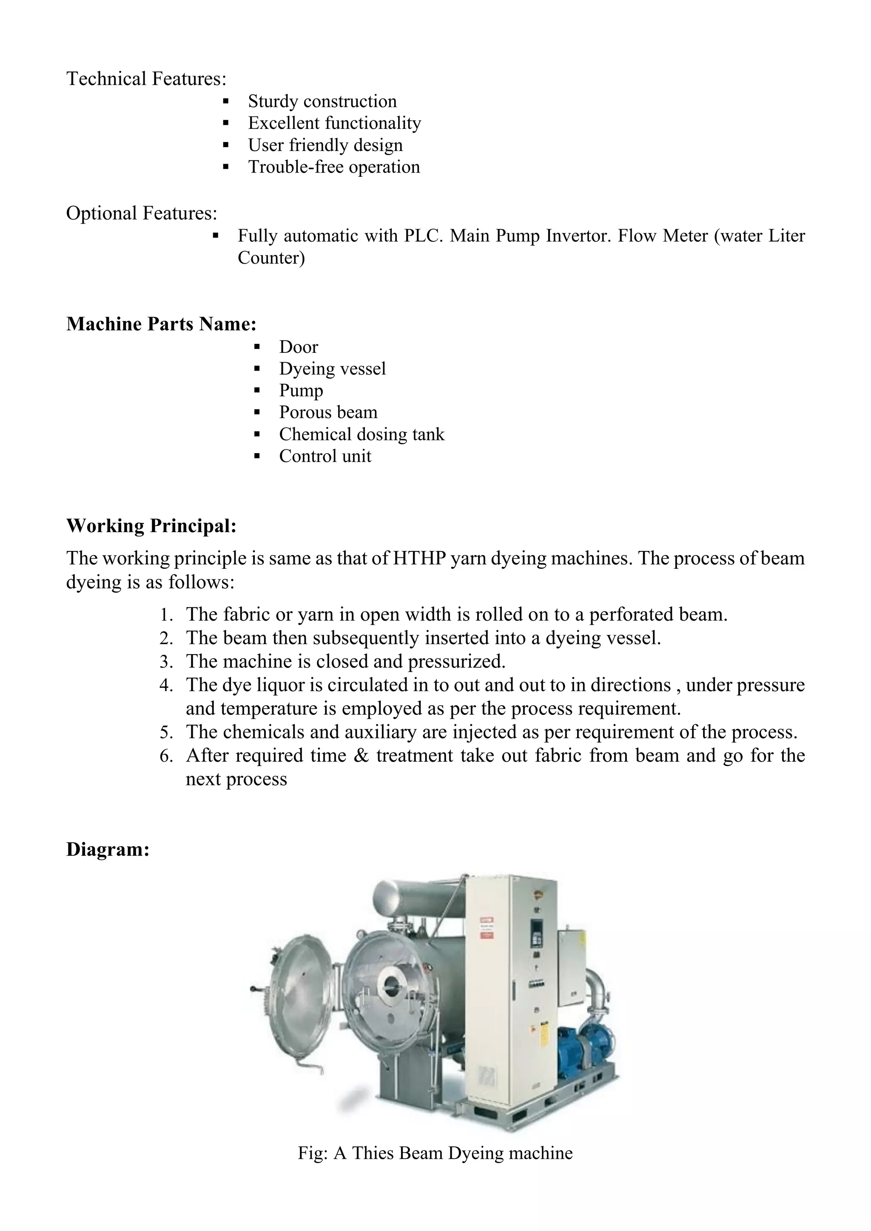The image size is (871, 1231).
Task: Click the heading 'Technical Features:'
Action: (x=146, y=79)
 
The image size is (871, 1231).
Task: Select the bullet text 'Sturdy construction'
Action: (x=322, y=101)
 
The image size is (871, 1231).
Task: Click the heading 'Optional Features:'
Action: (x=142, y=213)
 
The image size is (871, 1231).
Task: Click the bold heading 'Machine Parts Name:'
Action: (x=161, y=324)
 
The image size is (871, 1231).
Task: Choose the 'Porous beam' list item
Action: (x=328, y=412)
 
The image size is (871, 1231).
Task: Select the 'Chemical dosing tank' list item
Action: (x=361, y=434)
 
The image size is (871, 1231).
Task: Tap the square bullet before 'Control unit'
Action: (x=257, y=456)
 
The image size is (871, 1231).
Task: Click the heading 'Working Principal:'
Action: (x=151, y=526)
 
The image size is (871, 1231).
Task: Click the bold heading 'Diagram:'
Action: (x=107, y=850)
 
